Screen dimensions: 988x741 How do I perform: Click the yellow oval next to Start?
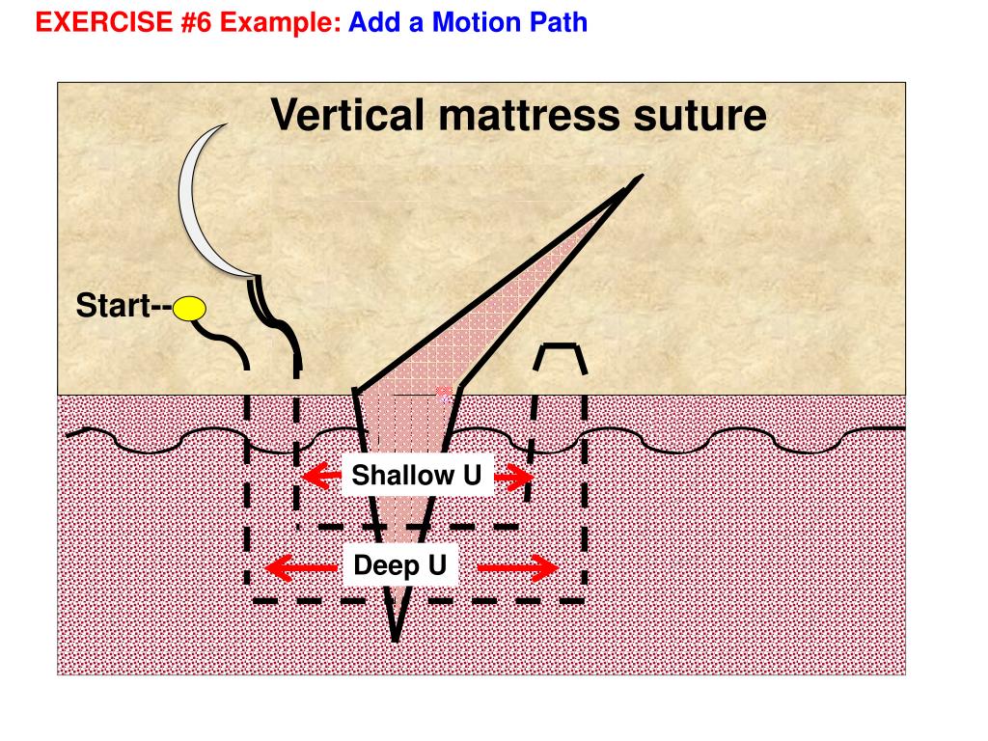(x=190, y=309)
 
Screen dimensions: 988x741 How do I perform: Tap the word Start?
(x=112, y=307)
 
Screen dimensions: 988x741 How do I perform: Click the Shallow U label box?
(x=417, y=475)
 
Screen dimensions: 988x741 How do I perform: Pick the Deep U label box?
(x=400, y=564)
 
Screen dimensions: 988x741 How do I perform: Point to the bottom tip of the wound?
(x=396, y=637)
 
